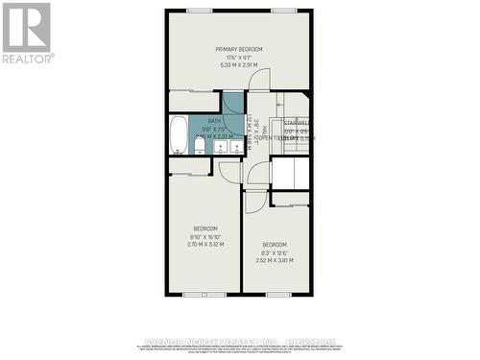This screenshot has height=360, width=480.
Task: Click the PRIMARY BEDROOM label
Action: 238,49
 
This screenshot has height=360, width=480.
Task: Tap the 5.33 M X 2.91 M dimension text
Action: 238,65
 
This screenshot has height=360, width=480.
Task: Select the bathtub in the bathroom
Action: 179,134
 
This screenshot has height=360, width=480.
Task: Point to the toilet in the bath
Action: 206,148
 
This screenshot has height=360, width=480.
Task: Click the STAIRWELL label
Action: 296,123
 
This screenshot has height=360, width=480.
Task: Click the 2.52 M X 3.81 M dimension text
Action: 275,259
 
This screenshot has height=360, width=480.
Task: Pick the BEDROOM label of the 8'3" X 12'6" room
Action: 275,243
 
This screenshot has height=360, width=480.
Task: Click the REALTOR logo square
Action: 27,27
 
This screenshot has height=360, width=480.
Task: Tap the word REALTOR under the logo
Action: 27,59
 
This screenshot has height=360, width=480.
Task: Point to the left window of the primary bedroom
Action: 200,11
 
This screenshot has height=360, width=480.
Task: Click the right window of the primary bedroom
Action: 282,11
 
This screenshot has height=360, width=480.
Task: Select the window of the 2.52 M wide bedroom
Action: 278,294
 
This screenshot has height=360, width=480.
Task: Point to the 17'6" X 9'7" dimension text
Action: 238,58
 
